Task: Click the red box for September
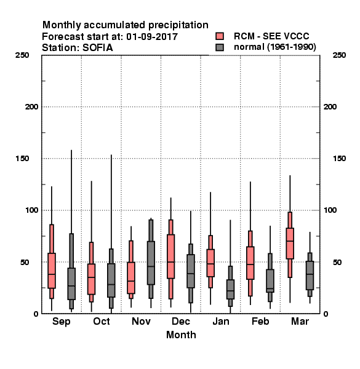coord(52,271)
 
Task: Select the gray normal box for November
coord(151,263)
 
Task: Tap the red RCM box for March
coord(290,244)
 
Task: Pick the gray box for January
coord(230,289)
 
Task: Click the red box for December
coord(170,256)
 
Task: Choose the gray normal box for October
coord(111,280)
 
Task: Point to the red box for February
coord(250,263)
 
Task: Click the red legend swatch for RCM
coord(220,36)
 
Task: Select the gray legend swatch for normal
coord(220,47)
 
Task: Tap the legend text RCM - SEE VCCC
coord(271,36)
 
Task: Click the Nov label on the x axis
coord(141,321)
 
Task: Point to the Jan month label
coord(220,321)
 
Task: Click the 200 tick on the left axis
coord(31,107)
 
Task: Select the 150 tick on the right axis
coord(339,159)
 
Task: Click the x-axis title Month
coord(181,335)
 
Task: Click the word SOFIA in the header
coord(97,48)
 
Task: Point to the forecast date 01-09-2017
coord(152,37)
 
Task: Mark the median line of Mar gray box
coord(310,274)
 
